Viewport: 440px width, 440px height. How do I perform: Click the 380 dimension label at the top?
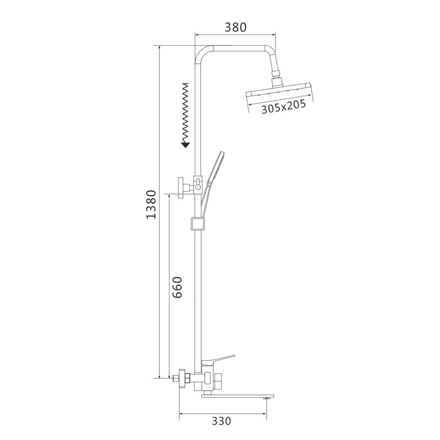(235, 27)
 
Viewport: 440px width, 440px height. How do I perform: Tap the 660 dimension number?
(177, 287)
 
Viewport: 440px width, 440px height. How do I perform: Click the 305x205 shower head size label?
(283, 109)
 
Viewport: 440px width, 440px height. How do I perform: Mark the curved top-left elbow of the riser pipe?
(202, 54)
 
